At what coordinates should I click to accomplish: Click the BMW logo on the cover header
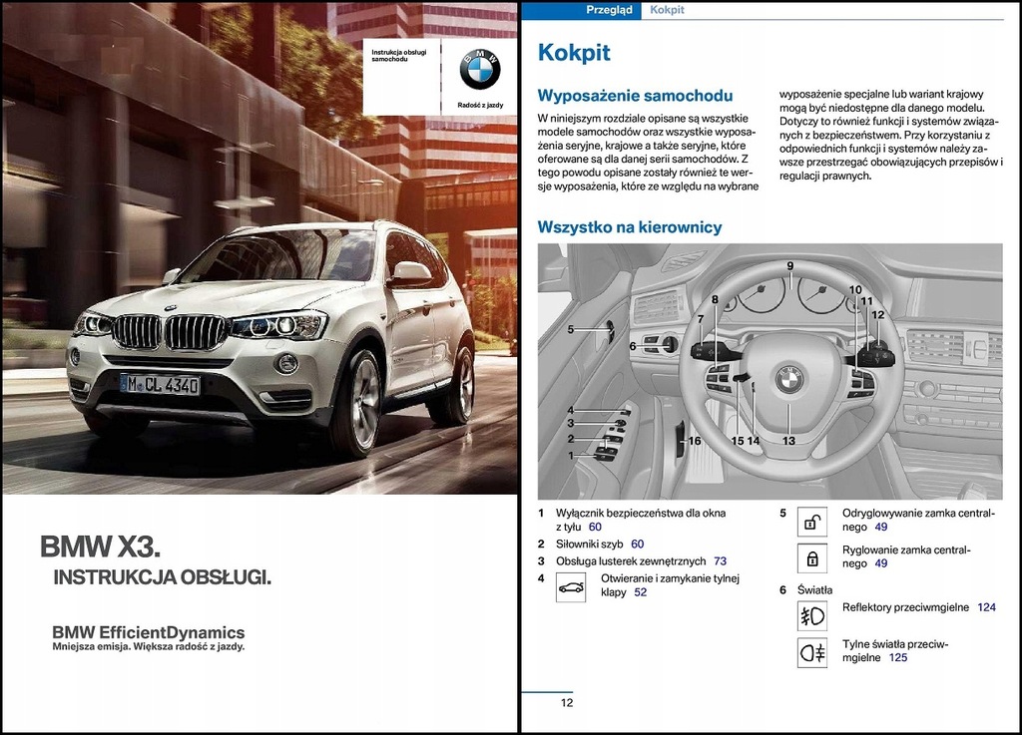(x=479, y=69)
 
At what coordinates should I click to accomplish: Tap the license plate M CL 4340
(x=160, y=385)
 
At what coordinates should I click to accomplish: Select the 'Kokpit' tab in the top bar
(x=666, y=10)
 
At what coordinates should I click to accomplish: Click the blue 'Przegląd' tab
(x=608, y=10)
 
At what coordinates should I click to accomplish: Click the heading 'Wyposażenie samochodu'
(x=635, y=96)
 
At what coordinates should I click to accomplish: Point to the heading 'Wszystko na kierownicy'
(x=629, y=227)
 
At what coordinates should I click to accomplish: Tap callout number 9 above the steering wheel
(x=789, y=266)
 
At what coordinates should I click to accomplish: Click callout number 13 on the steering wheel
(x=788, y=440)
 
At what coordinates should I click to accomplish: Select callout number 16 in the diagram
(x=694, y=440)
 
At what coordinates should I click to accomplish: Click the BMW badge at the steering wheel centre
(x=788, y=379)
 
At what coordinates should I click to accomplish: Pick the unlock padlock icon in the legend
(x=811, y=521)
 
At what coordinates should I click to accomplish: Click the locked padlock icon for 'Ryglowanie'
(x=811, y=556)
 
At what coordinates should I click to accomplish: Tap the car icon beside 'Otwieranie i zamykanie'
(x=571, y=586)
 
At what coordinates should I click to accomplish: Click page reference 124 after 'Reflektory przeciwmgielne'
(x=986, y=607)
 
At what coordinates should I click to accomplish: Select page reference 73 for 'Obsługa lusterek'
(x=720, y=561)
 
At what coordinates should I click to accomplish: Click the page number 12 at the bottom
(x=566, y=702)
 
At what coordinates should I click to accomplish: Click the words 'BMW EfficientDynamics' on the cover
(x=148, y=632)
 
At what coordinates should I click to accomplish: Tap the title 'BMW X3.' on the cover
(x=100, y=547)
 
